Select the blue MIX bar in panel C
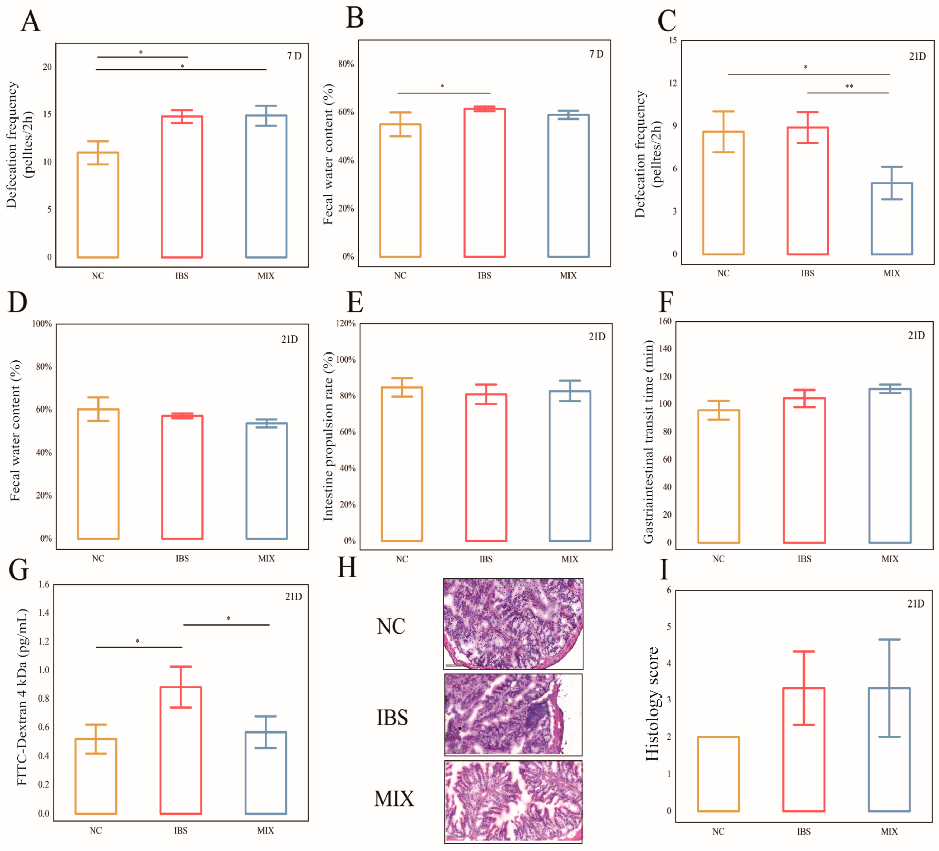point(891,219)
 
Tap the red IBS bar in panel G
point(181,750)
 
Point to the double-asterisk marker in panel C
point(849,87)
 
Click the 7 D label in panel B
point(596,54)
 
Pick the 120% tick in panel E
point(346,323)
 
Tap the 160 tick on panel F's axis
point(665,321)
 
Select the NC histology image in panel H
point(513,624)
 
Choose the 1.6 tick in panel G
point(44,584)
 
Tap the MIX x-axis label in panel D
point(267,558)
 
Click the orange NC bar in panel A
point(98,205)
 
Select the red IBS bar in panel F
point(804,470)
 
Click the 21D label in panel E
point(597,336)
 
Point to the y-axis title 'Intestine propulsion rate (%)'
point(328,436)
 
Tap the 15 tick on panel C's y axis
point(672,40)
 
